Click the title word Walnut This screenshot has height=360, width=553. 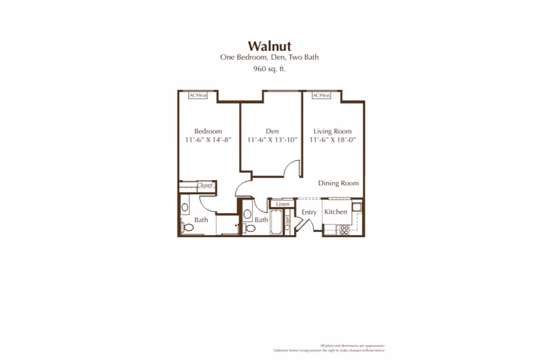(269, 46)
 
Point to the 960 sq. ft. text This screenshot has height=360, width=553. (269, 69)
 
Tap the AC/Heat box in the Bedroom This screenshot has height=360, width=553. (198, 95)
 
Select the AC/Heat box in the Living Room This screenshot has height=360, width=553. (321, 95)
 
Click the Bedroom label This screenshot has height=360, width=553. (207, 131)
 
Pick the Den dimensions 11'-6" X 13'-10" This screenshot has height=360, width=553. (272, 140)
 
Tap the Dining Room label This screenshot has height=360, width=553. (338, 183)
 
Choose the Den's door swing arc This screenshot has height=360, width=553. (294, 169)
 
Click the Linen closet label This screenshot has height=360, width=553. (282, 204)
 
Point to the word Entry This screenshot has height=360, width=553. (309, 213)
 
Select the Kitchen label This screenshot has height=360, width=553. (335, 212)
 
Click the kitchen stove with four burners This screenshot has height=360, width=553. (344, 229)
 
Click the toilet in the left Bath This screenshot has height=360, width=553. (188, 228)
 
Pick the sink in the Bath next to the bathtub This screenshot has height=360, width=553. (247, 214)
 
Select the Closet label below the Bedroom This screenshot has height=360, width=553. (205, 185)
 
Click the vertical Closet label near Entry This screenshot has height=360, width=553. (287, 223)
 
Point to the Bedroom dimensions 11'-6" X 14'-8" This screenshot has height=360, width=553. (207, 140)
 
